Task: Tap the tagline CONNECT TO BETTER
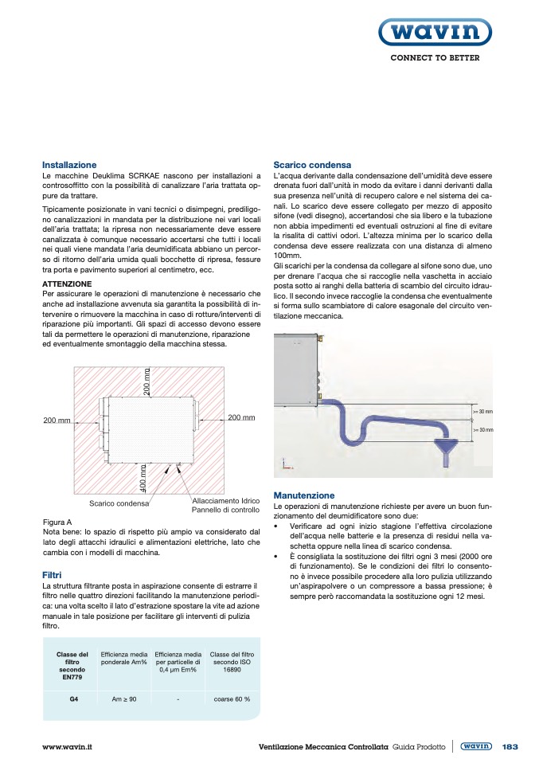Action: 434,58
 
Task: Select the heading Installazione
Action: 68,165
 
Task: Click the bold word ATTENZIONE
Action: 67,284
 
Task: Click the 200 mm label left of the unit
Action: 57,420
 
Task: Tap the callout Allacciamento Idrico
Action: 221,500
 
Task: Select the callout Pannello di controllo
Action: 225,510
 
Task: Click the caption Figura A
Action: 57,522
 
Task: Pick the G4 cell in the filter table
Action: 73,699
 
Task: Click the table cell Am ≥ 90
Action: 124,699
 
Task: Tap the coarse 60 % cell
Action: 232,699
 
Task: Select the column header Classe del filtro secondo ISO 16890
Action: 232,663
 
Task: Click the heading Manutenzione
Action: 303,495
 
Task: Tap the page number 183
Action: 510,746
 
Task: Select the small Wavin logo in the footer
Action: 475,746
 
